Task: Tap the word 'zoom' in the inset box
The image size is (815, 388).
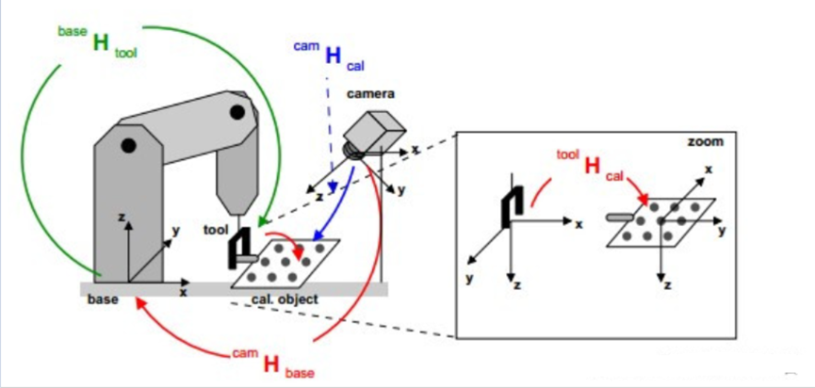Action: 705,142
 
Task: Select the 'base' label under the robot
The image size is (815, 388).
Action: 103,300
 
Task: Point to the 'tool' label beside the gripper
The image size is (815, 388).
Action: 216,229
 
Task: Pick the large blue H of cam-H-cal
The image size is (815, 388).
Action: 333,56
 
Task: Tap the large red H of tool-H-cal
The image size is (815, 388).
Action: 593,166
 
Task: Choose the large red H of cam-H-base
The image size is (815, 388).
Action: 272,363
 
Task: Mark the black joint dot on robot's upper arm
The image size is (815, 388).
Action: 237,112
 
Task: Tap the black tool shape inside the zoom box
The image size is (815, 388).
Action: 512,210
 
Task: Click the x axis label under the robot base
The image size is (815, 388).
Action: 184,293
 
